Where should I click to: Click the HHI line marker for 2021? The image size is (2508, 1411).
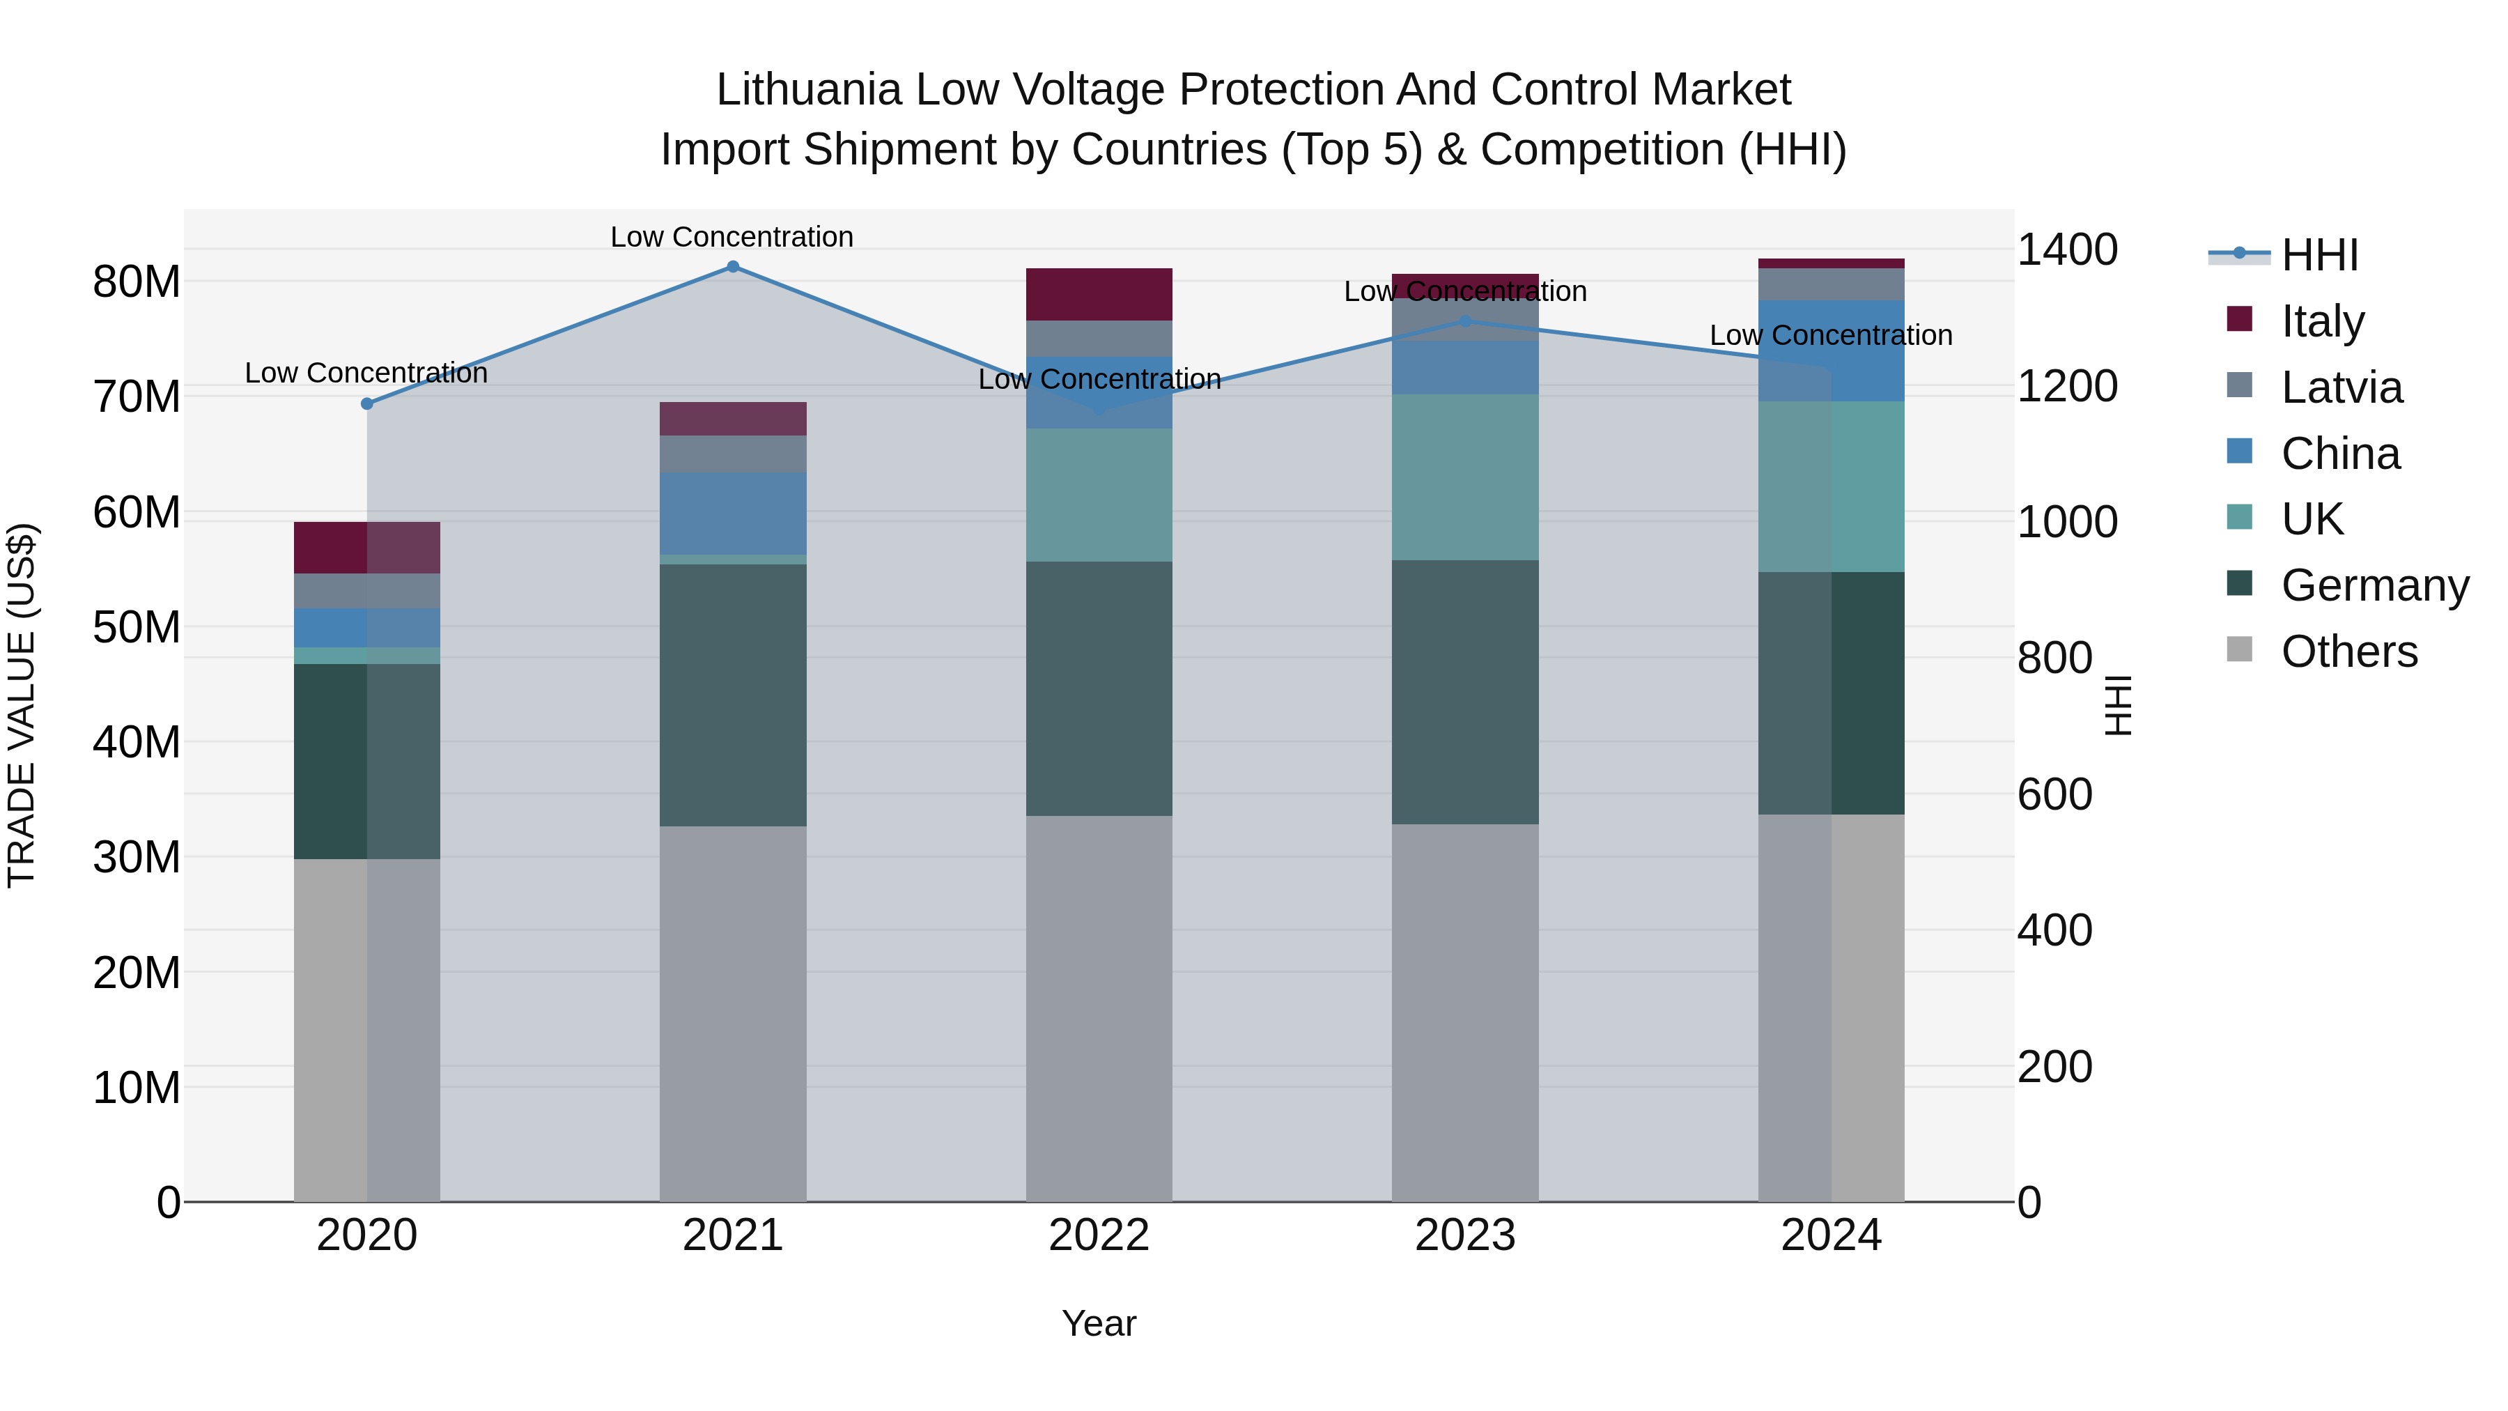point(733,267)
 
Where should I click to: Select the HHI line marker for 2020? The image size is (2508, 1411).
point(367,403)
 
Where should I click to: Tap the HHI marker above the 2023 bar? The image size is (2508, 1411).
point(1465,321)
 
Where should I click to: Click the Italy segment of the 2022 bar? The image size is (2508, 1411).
point(1099,294)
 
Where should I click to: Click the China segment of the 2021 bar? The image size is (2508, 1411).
point(733,513)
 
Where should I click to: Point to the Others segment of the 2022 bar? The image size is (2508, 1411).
point(1099,1008)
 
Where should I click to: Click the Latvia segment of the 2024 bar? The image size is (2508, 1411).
point(1832,284)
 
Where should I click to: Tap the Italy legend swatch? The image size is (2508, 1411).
point(2239,319)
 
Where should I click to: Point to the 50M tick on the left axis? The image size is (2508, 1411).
point(137,627)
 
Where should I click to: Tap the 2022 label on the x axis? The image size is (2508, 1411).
point(1099,1235)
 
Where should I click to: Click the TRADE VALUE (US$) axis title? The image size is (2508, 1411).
point(22,705)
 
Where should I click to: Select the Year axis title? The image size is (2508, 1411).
point(1099,1323)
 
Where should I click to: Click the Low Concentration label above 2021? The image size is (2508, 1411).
point(732,237)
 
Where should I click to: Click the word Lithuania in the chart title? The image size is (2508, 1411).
point(809,90)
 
